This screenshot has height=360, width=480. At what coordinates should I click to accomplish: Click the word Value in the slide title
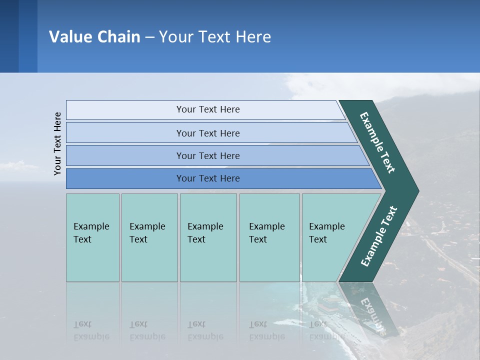pos(69,36)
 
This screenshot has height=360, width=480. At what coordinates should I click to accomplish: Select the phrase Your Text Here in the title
pos(215,36)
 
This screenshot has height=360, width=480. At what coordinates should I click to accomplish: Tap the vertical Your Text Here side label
pos(57,144)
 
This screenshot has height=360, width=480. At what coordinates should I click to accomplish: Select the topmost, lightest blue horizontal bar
pos(207,109)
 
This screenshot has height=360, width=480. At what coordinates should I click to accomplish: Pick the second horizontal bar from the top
pos(207,133)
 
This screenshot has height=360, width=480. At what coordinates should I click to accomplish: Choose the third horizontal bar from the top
pos(207,155)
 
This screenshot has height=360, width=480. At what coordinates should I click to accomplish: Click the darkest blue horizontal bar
pos(207,178)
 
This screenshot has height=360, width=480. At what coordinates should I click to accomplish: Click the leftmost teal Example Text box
pos(92,237)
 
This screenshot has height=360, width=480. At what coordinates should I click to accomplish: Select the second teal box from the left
pos(149,237)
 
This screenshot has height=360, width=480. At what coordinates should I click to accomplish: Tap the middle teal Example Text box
pos(208,237)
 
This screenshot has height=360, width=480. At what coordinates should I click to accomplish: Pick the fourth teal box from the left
pos(269,237)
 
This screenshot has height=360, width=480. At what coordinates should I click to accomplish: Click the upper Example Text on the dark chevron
pos(377,142)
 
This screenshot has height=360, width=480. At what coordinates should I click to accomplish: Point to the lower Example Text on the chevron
pos(379,236)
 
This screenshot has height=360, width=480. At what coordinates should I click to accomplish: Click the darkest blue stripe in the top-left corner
pos(9,36)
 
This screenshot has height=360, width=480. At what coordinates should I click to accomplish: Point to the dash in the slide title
pos(149,37)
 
